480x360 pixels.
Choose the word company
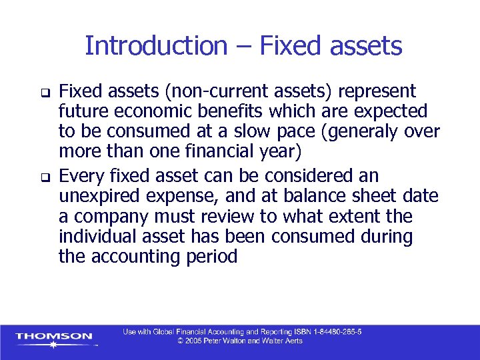117,217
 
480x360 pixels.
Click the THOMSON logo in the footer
53,337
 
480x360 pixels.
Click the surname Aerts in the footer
291,341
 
